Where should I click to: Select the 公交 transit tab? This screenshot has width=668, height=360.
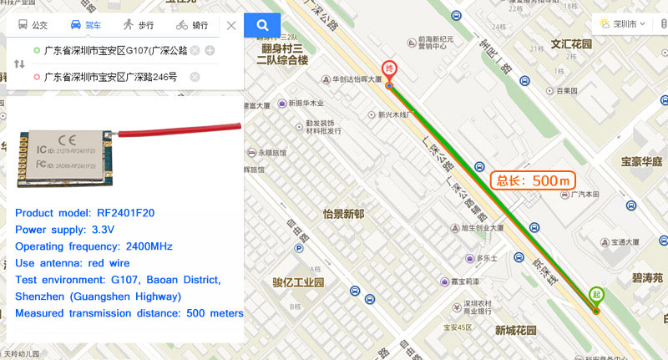coord(33,25)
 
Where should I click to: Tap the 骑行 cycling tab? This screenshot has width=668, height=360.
coord(192,25)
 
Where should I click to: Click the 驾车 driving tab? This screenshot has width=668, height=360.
coord(86,25)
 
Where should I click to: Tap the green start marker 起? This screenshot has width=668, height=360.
coord(596,295)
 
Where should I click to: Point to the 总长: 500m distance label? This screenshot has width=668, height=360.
coord(532,180)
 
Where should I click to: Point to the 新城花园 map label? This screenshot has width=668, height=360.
coord(522,329)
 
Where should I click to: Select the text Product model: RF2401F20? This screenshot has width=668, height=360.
coord(84,213)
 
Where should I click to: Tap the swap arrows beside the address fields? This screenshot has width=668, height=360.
coord(20,64)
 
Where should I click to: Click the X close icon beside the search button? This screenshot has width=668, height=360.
coord(231,25)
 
